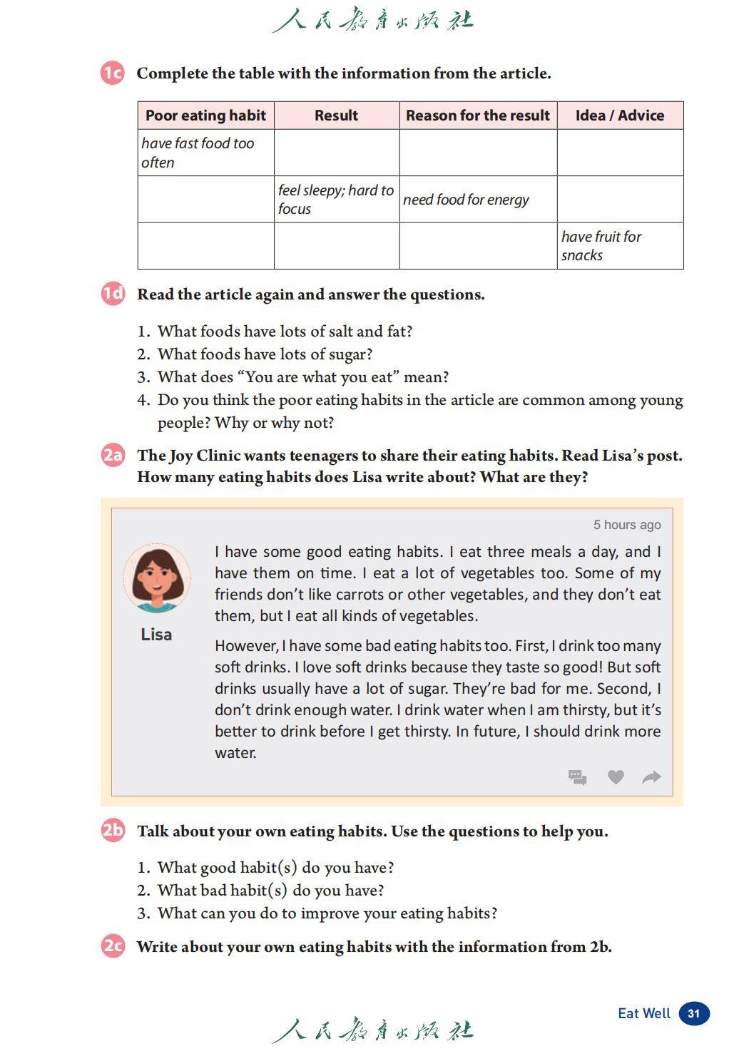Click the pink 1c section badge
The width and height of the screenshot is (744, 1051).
[x=113, y=73]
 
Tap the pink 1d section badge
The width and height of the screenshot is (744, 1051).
[x=113, y=294]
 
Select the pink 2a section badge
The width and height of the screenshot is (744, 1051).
[x=113, y=455]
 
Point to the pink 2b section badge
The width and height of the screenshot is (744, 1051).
[x=113, y=830]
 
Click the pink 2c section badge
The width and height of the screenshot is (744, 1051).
[x=113, y=946]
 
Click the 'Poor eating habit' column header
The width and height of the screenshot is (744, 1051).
[x=205, y=116]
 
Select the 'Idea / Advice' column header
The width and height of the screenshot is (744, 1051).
[x=619, y=116]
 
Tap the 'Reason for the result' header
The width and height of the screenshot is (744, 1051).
[x=477, y=116]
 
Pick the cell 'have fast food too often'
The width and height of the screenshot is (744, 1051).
[x=198, y=153]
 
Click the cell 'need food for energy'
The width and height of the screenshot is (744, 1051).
[x=466, y=200]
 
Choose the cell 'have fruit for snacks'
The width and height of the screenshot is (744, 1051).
[x=601, y=246]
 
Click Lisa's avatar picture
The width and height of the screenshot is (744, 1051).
[x=157, y=578]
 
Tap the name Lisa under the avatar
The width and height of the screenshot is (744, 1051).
[x=156, y=635]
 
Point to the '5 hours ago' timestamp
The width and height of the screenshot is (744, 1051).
[x=627, y=525]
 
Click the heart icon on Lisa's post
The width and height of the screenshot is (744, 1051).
[x=616, y=777]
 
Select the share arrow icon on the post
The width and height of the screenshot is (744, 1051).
[x=651, y=777]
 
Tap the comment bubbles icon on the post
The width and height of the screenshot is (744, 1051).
[x=578, y=777]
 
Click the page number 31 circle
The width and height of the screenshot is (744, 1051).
[x=693, y=1013]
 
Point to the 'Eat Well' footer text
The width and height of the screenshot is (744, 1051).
[x=644, y=1013]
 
